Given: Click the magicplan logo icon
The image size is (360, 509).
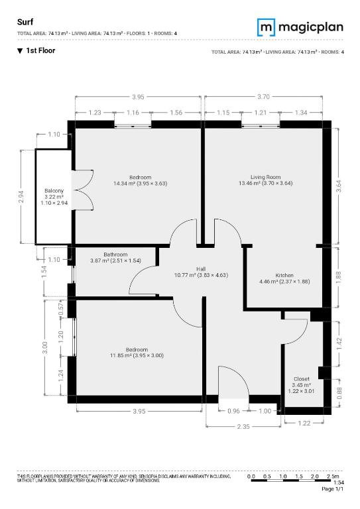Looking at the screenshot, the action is pyautogui.click(x=266, y=27).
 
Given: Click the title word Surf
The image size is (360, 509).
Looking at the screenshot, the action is pyautogui.click(x=25, y=22).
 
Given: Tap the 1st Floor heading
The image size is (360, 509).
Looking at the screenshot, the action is pyautogui.click(x=40, y=50).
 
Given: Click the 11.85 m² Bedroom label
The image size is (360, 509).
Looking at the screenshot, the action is pyautogui.click(x=137, y=353).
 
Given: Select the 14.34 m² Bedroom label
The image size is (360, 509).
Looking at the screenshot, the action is pyautogui.click(x=141, y=180).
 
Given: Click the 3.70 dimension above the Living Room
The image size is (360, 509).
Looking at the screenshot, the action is pyautogui.click(x=263, y=96).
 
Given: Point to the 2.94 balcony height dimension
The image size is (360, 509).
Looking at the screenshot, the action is pyautogui.click(x=21, y=197).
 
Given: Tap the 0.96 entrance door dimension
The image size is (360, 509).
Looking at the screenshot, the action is pyautogui.click(x=233, y=411).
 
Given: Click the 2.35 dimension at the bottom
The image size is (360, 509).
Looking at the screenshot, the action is pyautogui.click(x=243, y=427).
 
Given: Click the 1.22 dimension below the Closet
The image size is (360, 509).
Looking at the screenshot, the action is pyautogui.click(x=304, y=423).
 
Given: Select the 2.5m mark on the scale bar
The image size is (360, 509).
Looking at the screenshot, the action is pyautogui.click(x=333, y=477).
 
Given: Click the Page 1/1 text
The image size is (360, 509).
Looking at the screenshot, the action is pyautogui.click(x=332, y=489).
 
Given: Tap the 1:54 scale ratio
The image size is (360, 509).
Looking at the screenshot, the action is pyautogui.click(x=339, y=482).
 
